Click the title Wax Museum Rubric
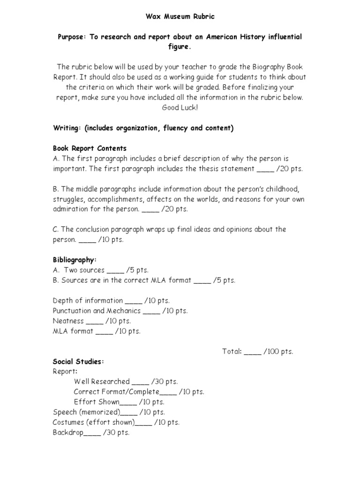point(180,17)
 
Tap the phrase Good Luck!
point(180,108)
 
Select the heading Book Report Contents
point(90,149)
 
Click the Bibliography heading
point(75,260)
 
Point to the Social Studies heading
point(78,361)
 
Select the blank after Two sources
point(115,270)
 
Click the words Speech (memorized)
point(86,412)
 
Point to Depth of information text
point(88,300)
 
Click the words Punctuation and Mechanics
point(97,311)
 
